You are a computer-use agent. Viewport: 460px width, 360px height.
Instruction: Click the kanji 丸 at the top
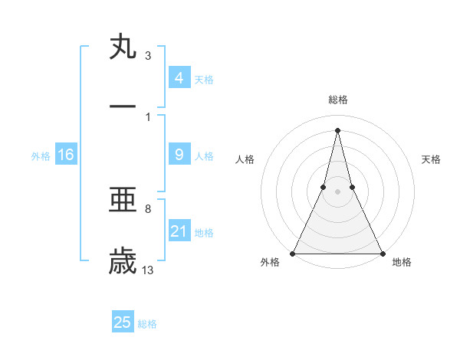point(123,47)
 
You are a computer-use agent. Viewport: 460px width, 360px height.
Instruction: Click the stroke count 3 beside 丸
point(148,55)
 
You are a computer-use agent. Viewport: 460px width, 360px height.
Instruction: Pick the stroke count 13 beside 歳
point(148,269)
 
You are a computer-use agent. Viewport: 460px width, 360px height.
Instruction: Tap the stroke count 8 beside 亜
point(148,208)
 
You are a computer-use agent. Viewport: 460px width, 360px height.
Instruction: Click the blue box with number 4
point(179,78)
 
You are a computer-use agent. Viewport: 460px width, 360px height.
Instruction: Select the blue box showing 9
point(179,155)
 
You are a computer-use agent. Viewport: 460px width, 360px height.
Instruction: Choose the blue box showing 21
point(179,231)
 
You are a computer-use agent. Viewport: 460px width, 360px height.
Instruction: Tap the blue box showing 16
point(66,155)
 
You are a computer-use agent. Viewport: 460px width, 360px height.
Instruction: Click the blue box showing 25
point(123,322)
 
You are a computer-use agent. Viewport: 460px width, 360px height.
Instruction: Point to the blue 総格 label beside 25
point(147,324)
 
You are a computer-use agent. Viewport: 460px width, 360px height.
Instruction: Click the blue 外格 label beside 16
point(41,156)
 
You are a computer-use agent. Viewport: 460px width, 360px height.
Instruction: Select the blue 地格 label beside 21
point(204,233)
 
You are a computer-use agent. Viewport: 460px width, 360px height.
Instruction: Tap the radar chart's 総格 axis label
point(337,100)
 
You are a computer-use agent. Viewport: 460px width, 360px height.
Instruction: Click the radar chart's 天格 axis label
point(431,159)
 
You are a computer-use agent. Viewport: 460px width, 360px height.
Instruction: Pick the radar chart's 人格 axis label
point(245,159)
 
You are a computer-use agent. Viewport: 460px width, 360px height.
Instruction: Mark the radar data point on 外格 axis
point(293,253)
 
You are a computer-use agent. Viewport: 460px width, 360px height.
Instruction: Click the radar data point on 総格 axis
point(337,129)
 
